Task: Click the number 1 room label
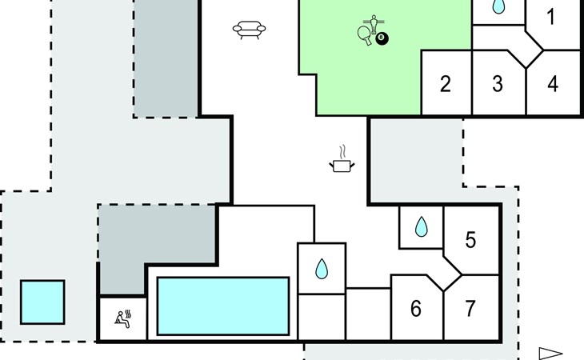tap(550, 17)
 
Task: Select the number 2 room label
tap(446, 84)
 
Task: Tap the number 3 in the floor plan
tap(498, 84)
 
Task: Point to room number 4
tap(552, 84)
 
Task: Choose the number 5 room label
tap(470, 239)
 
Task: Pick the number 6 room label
tap(415, 309)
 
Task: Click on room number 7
tap(470, 309)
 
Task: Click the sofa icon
tap(248, 30)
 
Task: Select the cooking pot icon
tap(342, 165)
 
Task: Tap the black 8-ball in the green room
tap(382, 38)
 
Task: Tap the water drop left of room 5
tap(422, 228)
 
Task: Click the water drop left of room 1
tap(498, 7)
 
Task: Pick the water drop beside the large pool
tap(322, 269)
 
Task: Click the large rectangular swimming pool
tap(223, 306)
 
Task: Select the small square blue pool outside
tap(42, 302)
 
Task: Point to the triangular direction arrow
tap(550, 353)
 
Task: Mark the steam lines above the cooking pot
tap(342, 151)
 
